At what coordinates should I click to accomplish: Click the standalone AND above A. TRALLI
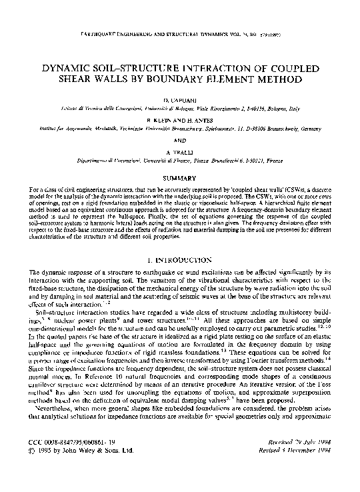pos(180,141)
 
